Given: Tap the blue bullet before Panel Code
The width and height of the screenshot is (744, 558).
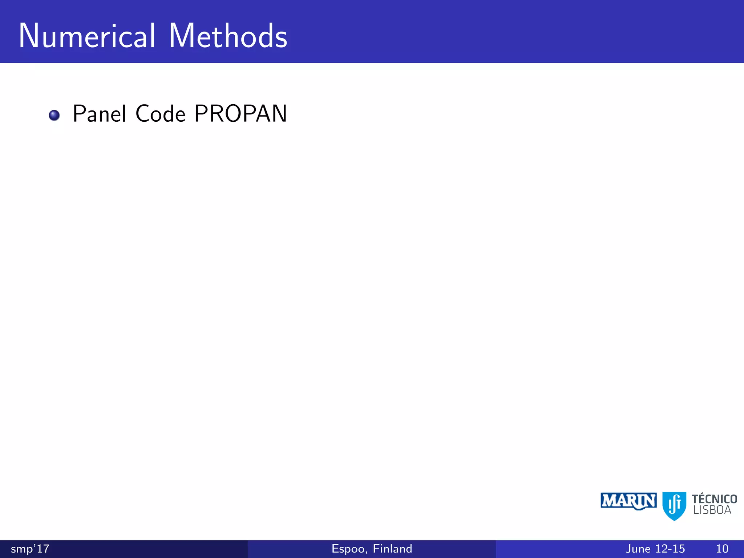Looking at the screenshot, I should pos(54,116).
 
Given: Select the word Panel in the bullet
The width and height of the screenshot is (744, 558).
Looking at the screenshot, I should pos(99,114).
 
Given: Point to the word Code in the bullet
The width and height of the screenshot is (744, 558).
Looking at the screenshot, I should pos(160,114).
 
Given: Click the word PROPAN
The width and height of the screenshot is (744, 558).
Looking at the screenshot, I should pos(240,114).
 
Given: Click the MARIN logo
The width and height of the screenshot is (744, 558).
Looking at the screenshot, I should pos(628,501).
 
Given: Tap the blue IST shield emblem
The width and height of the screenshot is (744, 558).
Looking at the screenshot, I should pos(674,505).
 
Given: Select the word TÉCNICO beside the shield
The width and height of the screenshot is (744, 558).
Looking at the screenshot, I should pos(714,499).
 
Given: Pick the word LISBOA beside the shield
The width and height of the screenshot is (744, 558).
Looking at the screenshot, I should pos(712,510).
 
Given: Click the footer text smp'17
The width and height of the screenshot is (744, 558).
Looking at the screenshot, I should pos(30,549).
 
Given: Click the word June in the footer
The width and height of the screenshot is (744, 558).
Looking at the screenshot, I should pos(638,549).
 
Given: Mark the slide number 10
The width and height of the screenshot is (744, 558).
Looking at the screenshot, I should pos(722,549).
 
